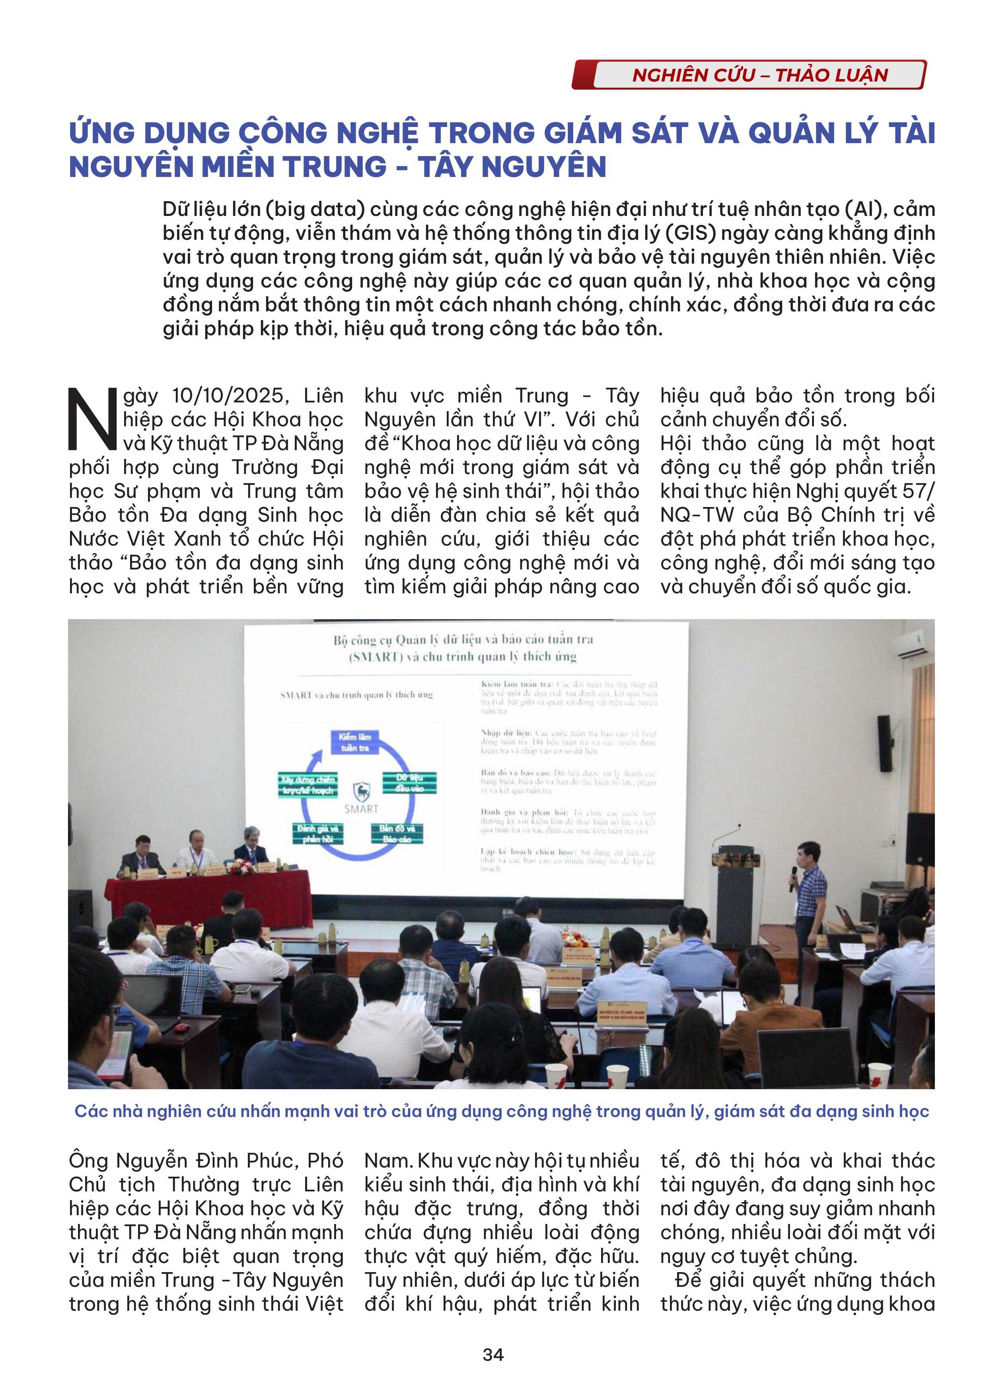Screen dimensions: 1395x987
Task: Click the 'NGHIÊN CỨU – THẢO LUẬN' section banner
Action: click(748, 75)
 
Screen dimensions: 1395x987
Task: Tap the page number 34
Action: click(493, 1355)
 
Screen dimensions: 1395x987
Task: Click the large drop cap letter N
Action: click(92, 419)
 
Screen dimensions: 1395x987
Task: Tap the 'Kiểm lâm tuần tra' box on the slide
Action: click(355, 742)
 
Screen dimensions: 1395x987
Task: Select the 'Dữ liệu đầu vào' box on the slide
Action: click(409, 783)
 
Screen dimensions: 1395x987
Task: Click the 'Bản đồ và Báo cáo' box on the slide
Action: click(397, 833)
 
